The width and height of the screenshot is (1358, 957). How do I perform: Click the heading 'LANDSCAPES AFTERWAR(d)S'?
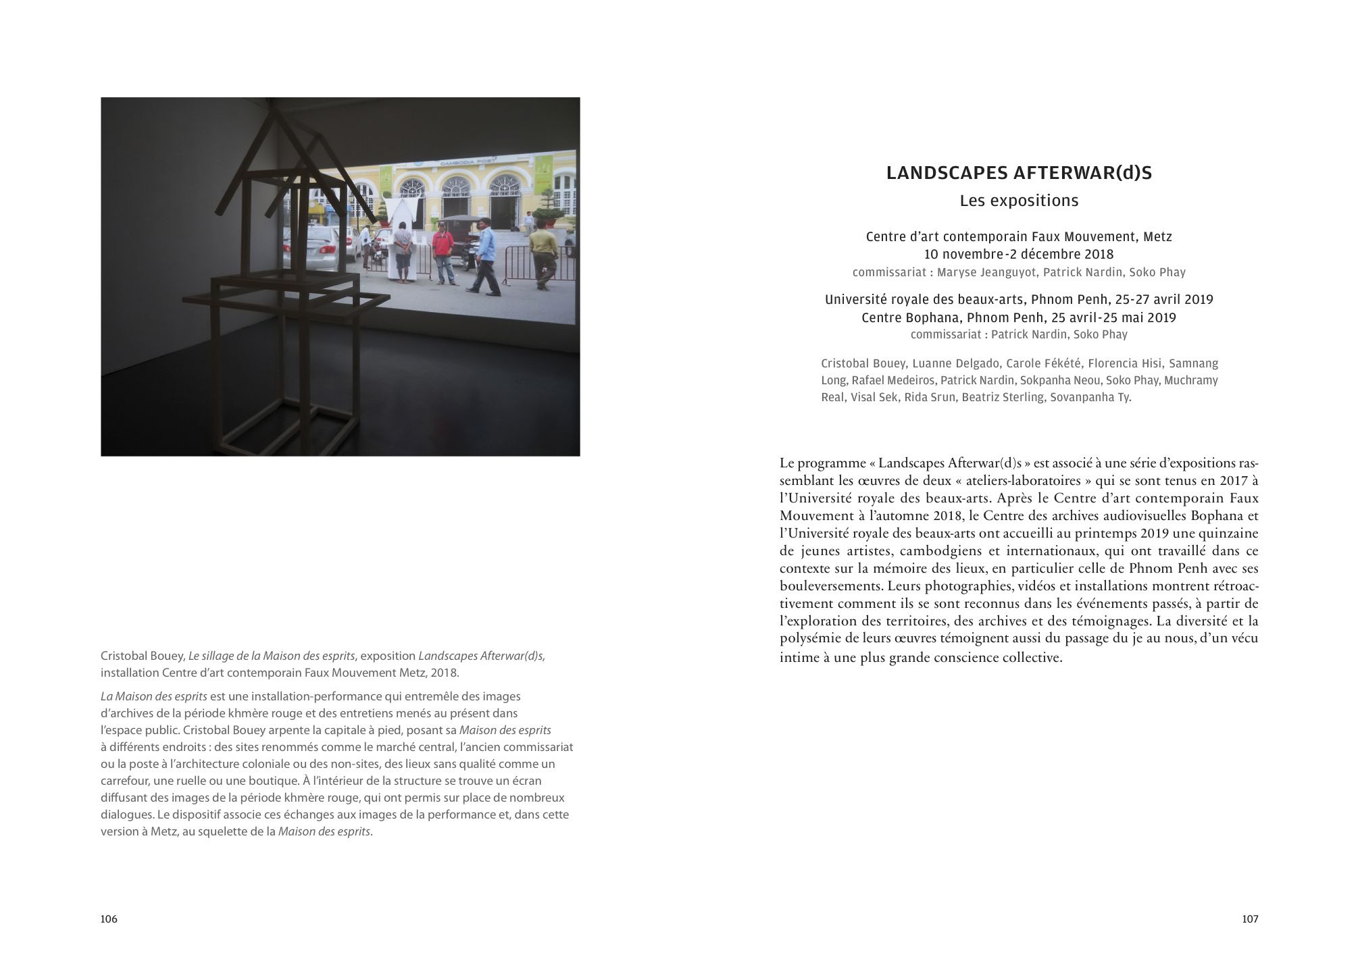click(x=1019, y=174)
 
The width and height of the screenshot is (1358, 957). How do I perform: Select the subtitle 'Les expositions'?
click(x=1019, y=201)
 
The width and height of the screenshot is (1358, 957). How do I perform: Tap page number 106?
click(x=109, y=919)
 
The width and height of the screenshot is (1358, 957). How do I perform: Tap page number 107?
click(x=1250, y=919)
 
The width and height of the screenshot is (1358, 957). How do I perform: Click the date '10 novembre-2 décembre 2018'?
click(x=1019, y=255)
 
